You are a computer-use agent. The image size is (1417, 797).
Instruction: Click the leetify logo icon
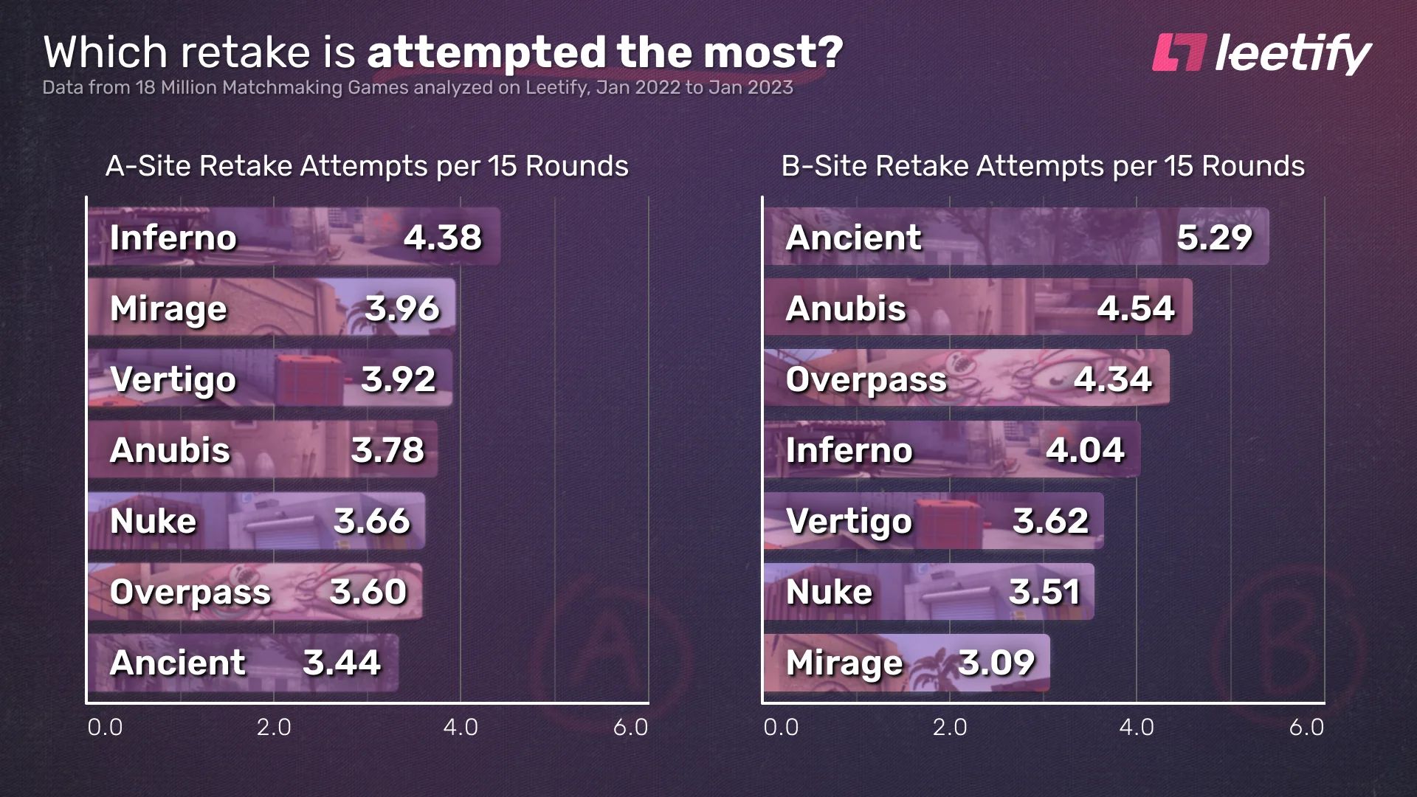(x=1179, y=53)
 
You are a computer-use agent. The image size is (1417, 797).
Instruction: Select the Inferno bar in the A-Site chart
(x=294, y=237)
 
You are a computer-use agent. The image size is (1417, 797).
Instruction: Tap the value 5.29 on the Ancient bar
(x=1214, y=237)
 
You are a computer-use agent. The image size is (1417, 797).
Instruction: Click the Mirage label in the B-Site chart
(x=844, y=663)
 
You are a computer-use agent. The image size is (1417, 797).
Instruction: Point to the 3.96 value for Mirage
(x=402, y=308)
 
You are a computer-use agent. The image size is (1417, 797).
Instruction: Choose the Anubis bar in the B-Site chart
(x=978, y=308)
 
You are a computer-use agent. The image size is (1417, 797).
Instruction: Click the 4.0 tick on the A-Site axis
(x=461, y=728)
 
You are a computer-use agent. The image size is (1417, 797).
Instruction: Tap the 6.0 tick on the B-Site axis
(x=1306, y=728)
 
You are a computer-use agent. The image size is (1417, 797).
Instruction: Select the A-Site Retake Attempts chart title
(x=367, y=166)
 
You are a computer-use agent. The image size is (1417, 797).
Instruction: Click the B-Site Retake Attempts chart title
(x=1043, y=166)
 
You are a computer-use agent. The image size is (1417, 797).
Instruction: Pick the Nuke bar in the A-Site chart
(x=256, y=521)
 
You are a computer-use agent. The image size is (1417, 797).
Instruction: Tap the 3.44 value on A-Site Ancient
(x=342, y=663)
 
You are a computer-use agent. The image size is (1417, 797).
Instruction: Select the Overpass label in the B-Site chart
(x=866, y=379)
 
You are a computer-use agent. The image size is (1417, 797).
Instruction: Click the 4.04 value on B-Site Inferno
(x=1085, y=450)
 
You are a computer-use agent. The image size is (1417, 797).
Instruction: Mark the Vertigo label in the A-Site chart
(x=173, y=380)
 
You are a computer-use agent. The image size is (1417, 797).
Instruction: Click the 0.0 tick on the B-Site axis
(x=781, y=728)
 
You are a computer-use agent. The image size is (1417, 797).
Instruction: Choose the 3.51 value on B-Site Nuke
(x=1044, y=592)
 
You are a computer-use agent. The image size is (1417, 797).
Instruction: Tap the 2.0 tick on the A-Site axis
(x=274, y=728)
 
